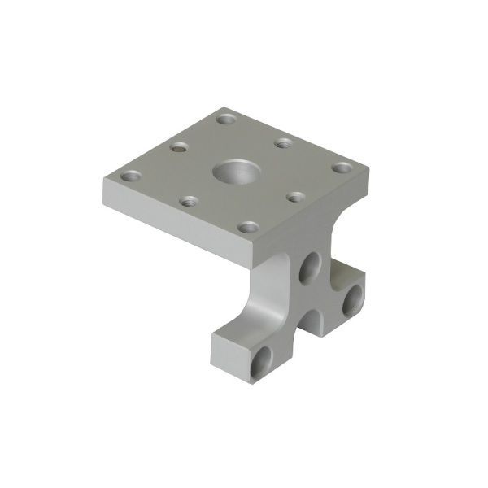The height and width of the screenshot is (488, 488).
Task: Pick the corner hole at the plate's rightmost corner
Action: point(341,168)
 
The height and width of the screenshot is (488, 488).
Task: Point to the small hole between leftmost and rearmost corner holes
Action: point(179,148)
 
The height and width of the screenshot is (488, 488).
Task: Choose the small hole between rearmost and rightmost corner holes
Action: point(282,143)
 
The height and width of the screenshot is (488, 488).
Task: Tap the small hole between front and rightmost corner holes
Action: point(296,198)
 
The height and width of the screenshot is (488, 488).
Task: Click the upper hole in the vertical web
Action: point(309,267)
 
